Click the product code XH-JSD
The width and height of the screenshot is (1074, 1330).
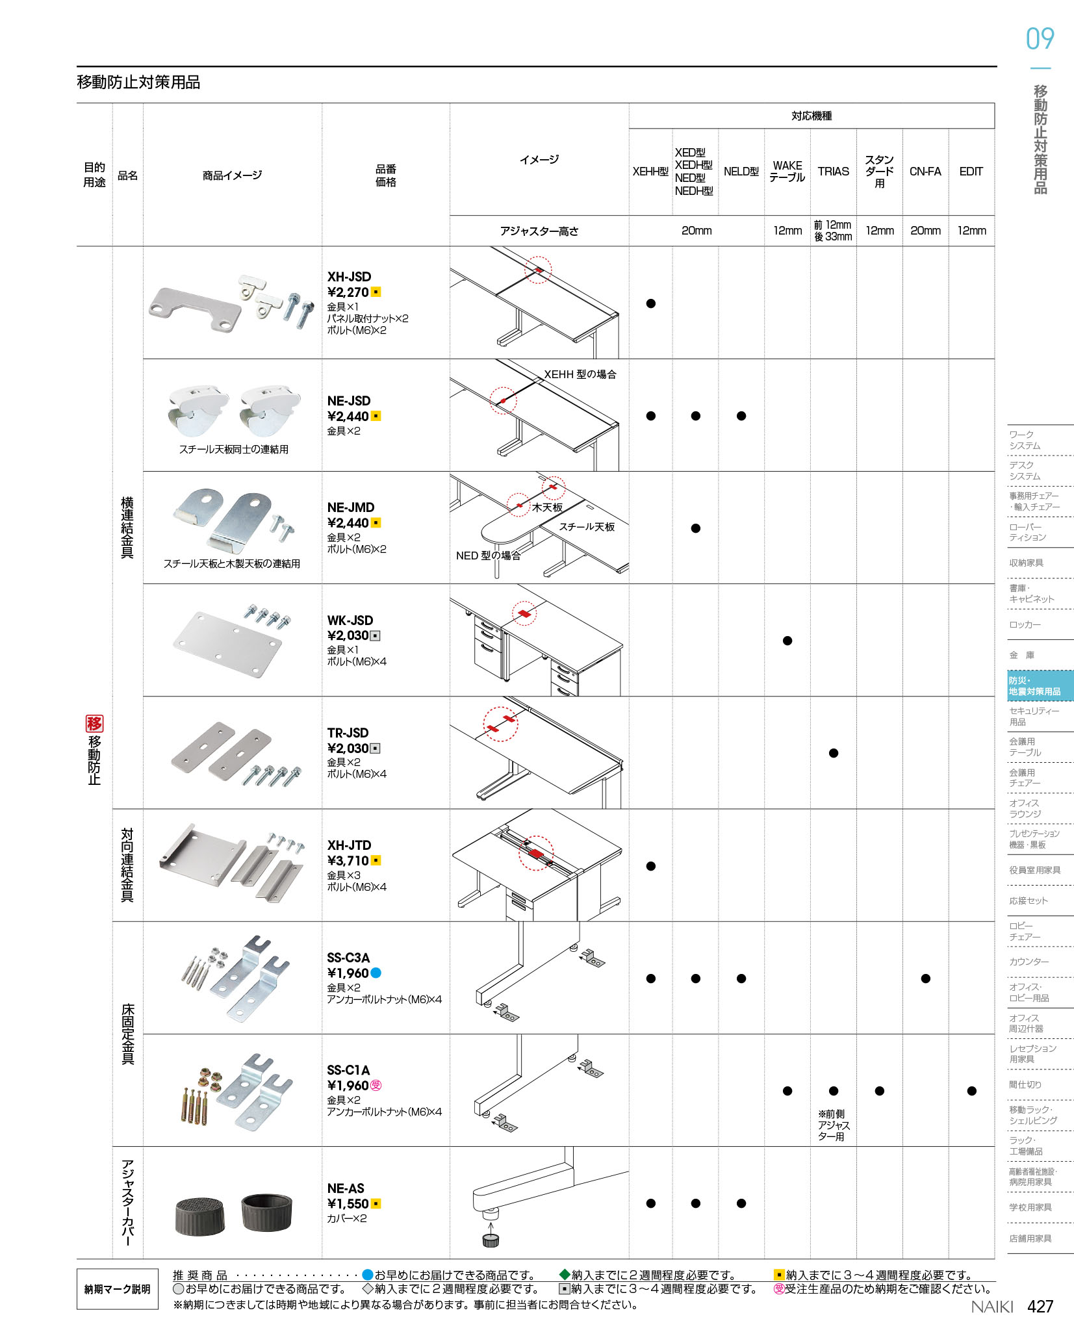tap(349, 277)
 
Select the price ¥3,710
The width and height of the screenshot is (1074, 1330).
tap(348, 861)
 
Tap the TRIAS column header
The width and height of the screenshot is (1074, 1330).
tap(833, 172)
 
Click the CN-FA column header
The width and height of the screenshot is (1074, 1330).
tap(925, 172)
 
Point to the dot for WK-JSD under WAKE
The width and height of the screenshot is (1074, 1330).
tap(787, 641)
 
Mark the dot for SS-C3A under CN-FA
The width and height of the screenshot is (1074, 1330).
tap(926, 978)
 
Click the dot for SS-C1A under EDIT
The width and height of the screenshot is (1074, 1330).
tap(971, 1091)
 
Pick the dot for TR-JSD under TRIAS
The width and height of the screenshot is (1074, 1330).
tap(834, 753)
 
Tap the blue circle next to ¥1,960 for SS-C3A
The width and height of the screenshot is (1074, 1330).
tap(376, 973)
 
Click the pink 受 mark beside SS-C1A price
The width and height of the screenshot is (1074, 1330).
tap(376, 1085)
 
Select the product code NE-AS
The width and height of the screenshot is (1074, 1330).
tap(346, 1188)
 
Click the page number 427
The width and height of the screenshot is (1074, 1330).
tap(1040, 1307)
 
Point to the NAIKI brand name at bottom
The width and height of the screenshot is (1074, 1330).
tap(992, 1307)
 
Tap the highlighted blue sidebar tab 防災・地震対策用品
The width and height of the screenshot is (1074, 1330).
tap(1040, 686)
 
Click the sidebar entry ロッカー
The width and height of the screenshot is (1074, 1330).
tap(1025, 625)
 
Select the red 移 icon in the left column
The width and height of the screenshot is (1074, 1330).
tap(94, 723)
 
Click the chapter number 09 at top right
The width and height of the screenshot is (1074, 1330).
tap(1040, 39)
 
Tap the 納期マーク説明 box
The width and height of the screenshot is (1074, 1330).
tap(118, 1289)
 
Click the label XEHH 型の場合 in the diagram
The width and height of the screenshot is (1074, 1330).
tap(580, 374)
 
